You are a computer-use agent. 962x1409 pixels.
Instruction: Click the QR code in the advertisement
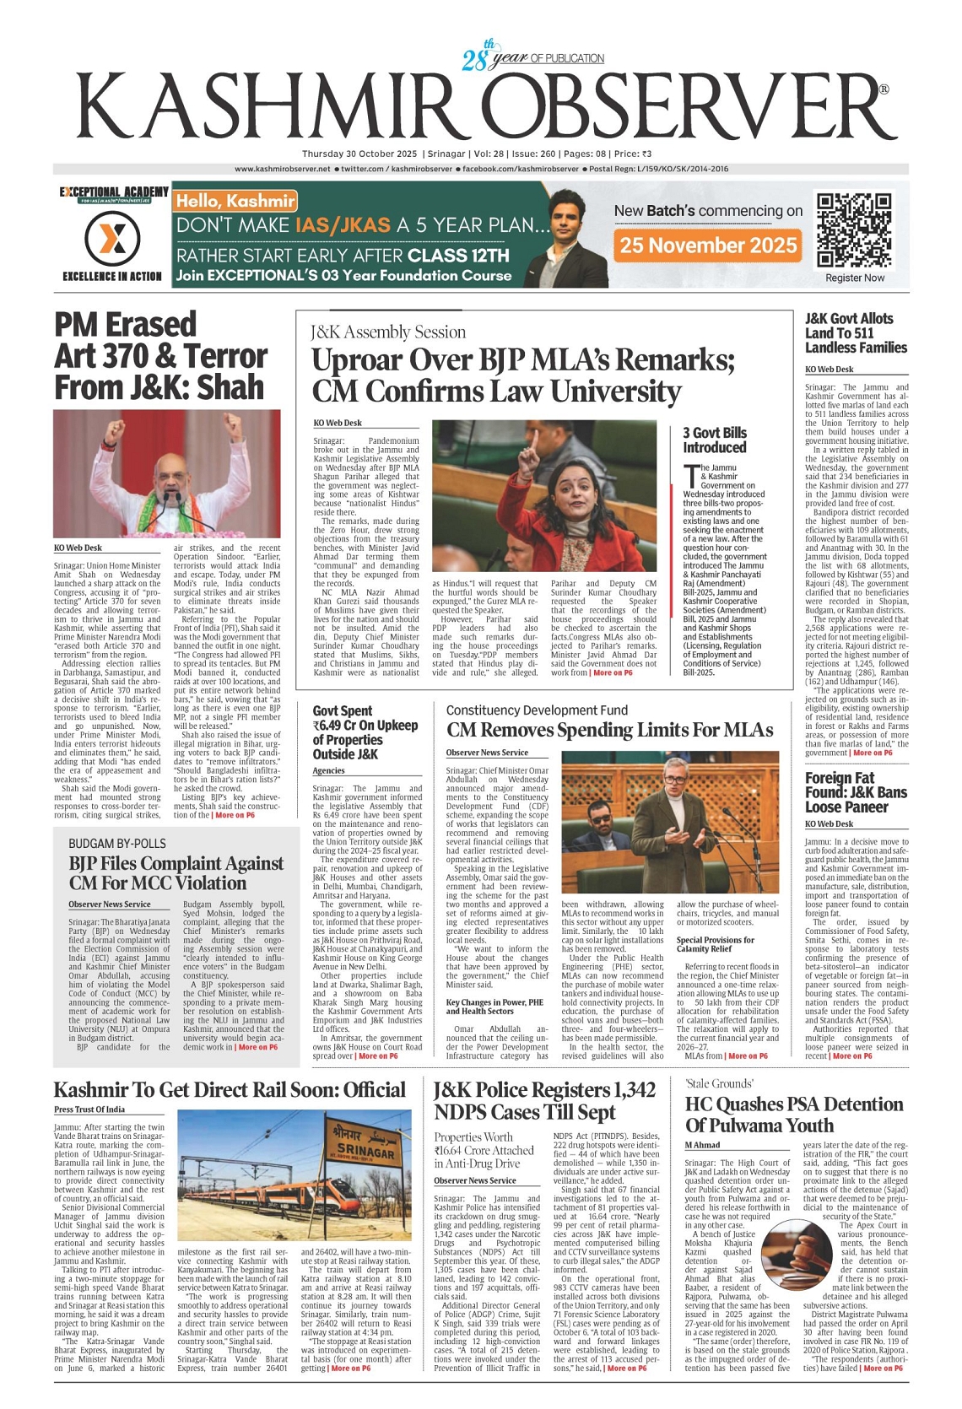[854, 230]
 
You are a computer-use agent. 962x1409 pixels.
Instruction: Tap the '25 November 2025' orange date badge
[708, 246]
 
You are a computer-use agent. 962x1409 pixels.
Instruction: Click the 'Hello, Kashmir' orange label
[235, 201]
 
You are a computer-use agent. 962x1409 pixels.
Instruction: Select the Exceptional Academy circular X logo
[112, 240]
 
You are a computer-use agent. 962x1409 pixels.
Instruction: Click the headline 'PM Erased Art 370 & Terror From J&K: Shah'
[160, 356]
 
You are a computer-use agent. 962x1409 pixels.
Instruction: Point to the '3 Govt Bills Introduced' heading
[715, 440]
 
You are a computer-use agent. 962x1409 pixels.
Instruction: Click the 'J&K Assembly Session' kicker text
[387, 332]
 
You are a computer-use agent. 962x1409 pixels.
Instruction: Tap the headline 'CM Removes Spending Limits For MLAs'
[609, 730]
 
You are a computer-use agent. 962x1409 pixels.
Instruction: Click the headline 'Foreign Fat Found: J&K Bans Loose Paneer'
[856, 792]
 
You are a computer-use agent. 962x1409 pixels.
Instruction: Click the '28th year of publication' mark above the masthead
[532, 57]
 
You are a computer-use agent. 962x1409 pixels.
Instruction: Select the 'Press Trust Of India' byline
[89, 1109]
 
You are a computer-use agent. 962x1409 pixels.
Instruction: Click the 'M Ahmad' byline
[702, 1145]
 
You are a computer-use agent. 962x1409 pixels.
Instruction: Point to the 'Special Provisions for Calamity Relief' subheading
[716, 944]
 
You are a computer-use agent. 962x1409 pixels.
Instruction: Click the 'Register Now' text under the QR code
[855, 278]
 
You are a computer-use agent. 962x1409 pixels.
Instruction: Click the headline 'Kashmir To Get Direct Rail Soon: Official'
[230, 1089]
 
